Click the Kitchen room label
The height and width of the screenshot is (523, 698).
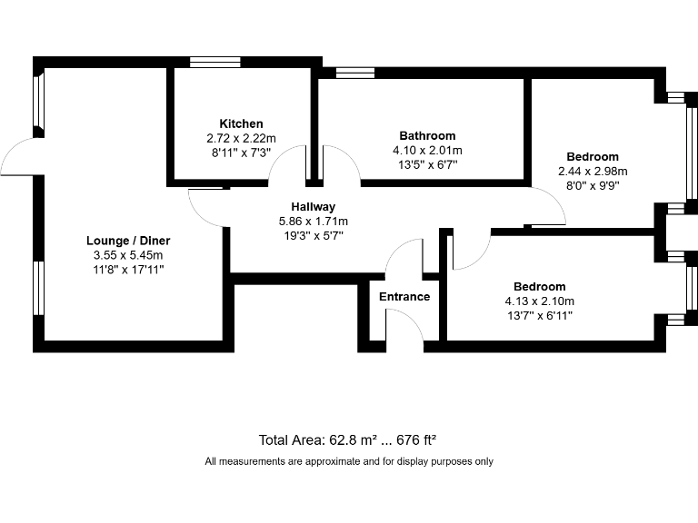241,123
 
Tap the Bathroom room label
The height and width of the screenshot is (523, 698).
427,136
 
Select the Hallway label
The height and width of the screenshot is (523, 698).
313,207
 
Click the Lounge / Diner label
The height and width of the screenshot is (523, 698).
128,241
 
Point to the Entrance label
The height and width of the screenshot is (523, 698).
404,297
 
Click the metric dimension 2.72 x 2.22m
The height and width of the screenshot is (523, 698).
241,138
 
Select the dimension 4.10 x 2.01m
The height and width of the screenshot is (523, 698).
427,151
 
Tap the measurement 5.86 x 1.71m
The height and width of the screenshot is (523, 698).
313,221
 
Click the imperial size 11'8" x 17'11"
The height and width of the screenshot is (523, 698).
128,269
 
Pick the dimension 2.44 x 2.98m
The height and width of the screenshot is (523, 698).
593,171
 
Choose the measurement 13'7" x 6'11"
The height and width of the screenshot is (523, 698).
539,316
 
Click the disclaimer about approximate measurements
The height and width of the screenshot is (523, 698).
349,461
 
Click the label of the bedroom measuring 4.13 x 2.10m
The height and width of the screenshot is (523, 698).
539,287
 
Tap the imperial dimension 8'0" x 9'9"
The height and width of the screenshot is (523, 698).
593,184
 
